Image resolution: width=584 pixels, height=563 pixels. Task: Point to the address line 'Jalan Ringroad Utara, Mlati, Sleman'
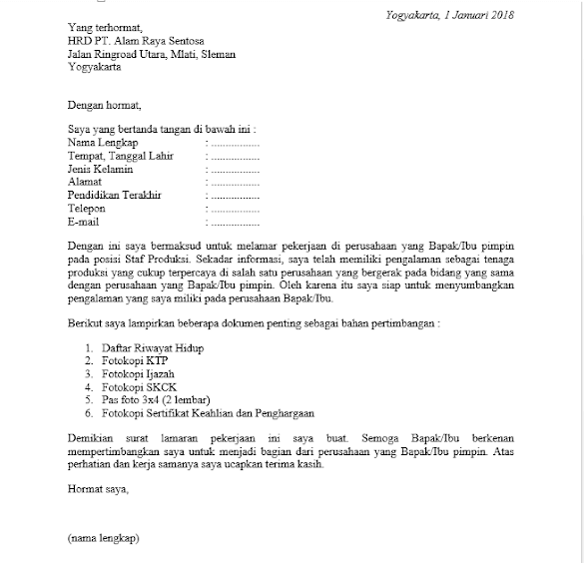152,55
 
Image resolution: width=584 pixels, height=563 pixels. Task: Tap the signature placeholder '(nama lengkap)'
104,538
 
